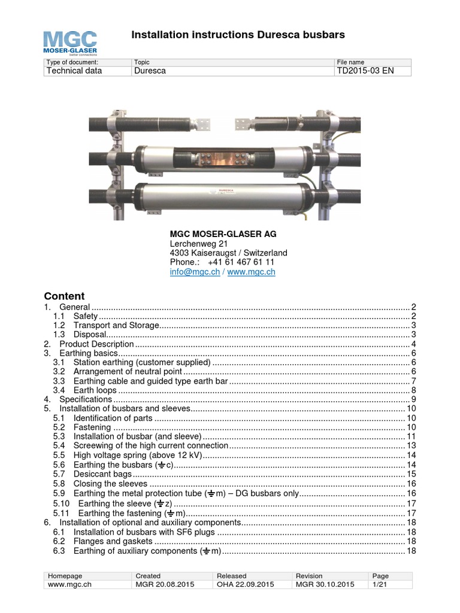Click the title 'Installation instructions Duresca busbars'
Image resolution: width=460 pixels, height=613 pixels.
(x=238, y=35)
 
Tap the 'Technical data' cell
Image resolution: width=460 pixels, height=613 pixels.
(x=74, y=71)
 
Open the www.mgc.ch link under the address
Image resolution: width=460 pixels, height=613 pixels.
(x=252, y=272)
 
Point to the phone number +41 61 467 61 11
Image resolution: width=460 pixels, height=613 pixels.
(x=241, y=262)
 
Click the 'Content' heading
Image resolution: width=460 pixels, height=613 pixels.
(x=65, y=296)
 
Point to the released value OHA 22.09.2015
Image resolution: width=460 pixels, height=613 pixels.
(x=245, y=584)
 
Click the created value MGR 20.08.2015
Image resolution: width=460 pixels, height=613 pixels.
(x=165, y=584)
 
